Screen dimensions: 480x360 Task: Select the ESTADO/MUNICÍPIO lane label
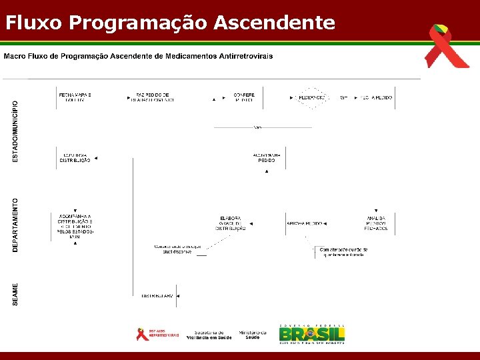coord(16,131)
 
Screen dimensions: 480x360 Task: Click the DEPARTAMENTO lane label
coord(16,224)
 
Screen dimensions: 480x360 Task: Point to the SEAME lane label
coord(16,295)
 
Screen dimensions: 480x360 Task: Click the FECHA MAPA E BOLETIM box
coord(75,97)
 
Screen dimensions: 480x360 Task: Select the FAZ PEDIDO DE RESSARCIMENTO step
coord(153,97)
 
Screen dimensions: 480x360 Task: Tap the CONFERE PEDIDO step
coord(244,97)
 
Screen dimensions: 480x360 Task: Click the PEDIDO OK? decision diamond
coord(311,98)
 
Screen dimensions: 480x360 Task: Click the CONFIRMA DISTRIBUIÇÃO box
coord(75,158)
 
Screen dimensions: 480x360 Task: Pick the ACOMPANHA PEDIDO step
coord(267,158)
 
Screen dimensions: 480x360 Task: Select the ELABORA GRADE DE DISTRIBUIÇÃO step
coord(231,223)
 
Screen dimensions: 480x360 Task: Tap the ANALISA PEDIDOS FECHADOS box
coord(376,223)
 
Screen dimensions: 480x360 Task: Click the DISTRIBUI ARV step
coord(157,295)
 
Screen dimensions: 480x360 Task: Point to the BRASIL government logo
coord(311,334)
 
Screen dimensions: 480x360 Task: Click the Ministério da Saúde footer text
coord(252,335)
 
